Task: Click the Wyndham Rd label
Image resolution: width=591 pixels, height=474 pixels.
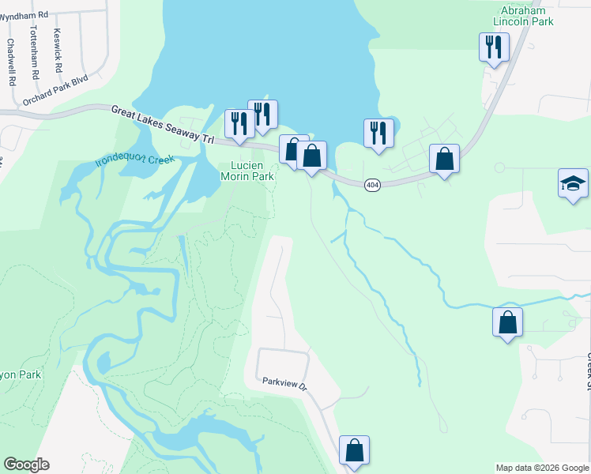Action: coord(24,14)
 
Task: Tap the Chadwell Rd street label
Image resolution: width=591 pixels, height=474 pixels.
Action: coord(12,62)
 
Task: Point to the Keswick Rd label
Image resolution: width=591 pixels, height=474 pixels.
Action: coord(56,51)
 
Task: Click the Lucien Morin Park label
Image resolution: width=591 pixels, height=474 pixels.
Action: coord(252,171)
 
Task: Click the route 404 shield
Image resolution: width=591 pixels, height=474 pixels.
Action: coord(373,184)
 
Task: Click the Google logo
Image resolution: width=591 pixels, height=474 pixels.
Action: coord(26,465)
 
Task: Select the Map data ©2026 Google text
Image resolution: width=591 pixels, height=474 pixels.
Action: coord(542,468)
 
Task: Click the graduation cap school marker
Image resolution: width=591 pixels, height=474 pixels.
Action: coord(573,184)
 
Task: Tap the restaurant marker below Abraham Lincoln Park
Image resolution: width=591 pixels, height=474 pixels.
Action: coord(494,48)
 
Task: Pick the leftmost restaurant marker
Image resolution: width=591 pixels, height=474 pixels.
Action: coord(238,123)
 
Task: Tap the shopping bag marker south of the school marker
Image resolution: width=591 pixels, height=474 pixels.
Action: coord(507,322)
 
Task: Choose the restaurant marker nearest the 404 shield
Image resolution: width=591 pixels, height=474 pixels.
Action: coord(378,134)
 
